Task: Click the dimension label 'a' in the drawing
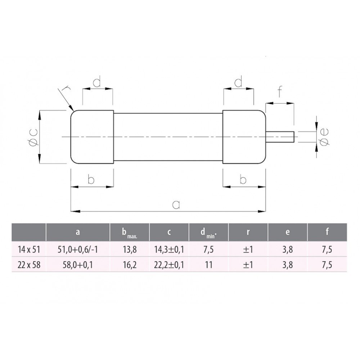(x=176, y=204)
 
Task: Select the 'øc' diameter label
(x=34, y=137)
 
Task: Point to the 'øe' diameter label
(x=324, y=137)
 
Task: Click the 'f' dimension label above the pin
(x=280, y=91)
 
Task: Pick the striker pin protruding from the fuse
(x=280, y=137)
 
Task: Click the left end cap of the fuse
(x=92, y=137)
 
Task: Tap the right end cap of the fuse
(x=244, y=137)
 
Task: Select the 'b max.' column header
(x=130, y=232)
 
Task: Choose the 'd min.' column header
(x=208, y=232)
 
